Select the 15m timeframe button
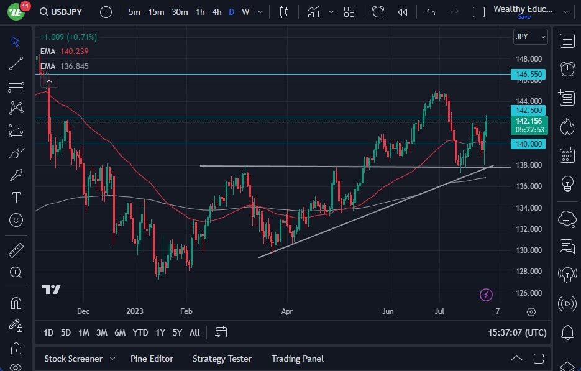(x=156, y=12)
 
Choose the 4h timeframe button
(x=216, y=12)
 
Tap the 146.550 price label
(x=528, y=75)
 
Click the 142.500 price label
(x=528, y=110)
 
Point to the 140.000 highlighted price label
(x=528, y=144)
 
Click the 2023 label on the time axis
(x=135, y=311)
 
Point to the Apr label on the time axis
(x=286, y=311)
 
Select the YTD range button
(x=140, y=332)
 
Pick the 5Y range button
(x=177, y=332)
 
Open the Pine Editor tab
(x=152, y=359)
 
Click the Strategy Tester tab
(x=222, y=359)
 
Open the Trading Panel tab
(x=298, y=359)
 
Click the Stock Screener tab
(x=73, y=359)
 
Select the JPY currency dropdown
(x=530, y=37)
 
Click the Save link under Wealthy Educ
(x=524, y=17)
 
